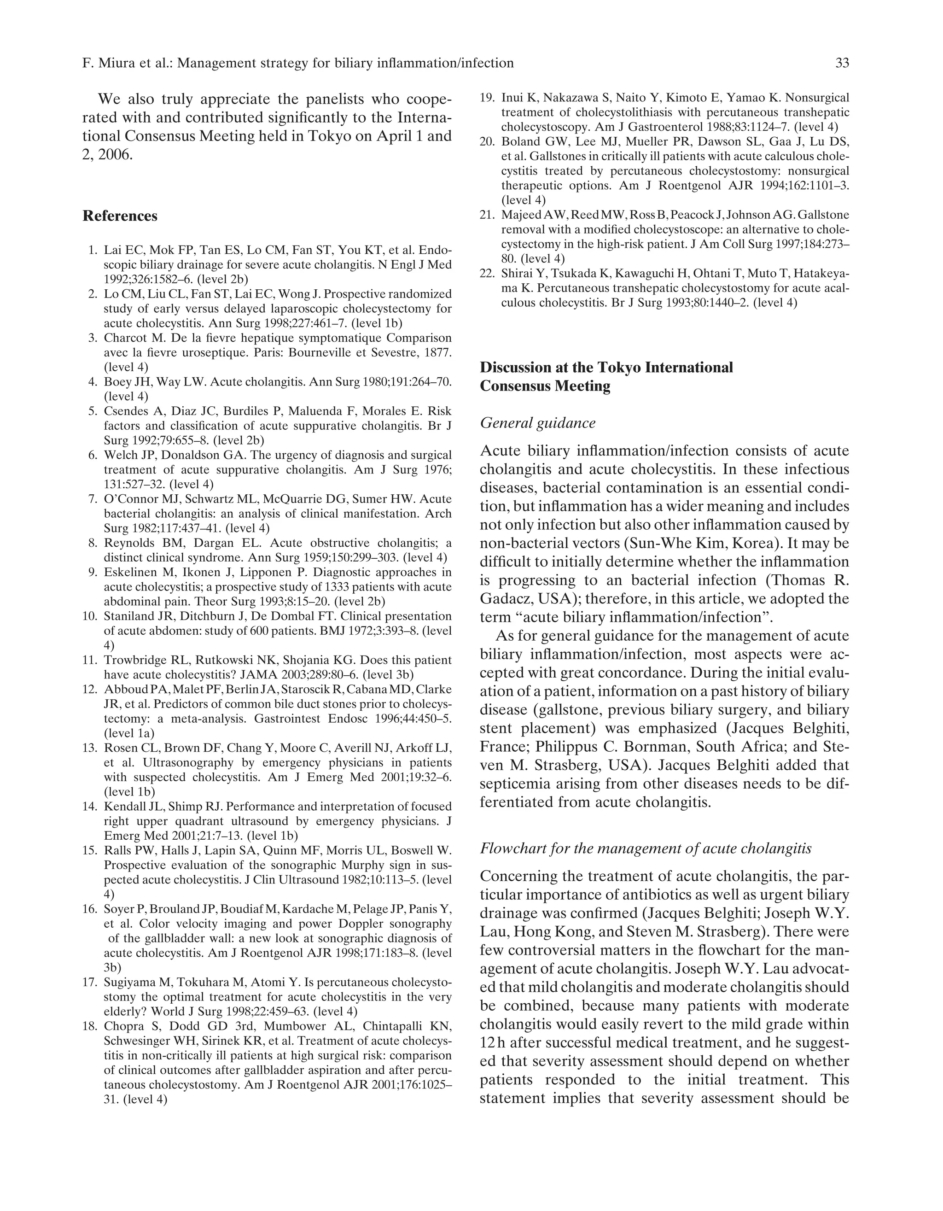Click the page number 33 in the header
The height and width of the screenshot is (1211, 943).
click(842, 63)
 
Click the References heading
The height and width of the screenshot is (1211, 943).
click(120, 216)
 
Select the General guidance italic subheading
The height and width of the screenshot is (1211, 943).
click(537, 423)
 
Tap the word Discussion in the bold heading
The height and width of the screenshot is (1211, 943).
click(514, 368)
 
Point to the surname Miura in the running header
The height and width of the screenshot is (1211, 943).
click(116, 63)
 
